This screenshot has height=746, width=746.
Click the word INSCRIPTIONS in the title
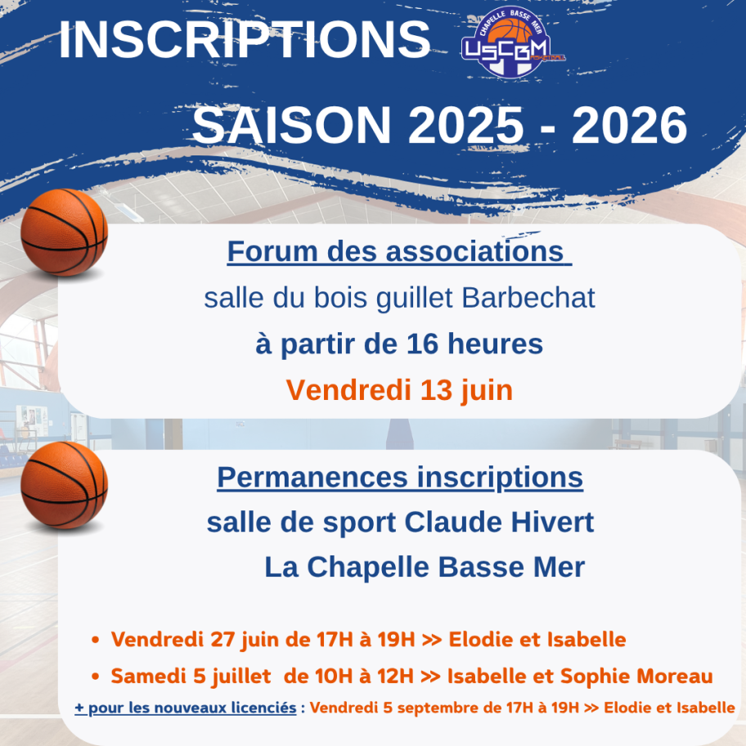(x=245, y=40)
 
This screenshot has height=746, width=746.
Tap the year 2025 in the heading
(x=465, y=125)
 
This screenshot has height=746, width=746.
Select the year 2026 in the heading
(x=630, y=125)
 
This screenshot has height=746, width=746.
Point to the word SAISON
(x=292, y=125)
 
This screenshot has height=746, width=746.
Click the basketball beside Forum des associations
(x=65, y=232)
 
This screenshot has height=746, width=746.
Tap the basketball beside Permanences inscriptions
(x=65, y=485)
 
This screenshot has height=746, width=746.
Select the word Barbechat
(x=528, y=298)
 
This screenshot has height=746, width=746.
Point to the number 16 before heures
(x=422, y=344)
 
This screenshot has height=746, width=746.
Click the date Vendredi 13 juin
(x=400, y=391)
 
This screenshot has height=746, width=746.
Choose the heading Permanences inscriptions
(x=400, y=478)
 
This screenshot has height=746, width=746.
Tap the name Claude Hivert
(x=499, y=522)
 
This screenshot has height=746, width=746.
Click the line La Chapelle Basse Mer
(x=425, y=567)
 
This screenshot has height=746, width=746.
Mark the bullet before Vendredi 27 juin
(x=96, y=640)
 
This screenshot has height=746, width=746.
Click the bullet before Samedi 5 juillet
(x=96, y=676)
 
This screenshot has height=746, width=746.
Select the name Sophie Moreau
(x=636, y=676)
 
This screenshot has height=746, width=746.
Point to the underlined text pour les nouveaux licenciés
(x=192, y=708)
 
